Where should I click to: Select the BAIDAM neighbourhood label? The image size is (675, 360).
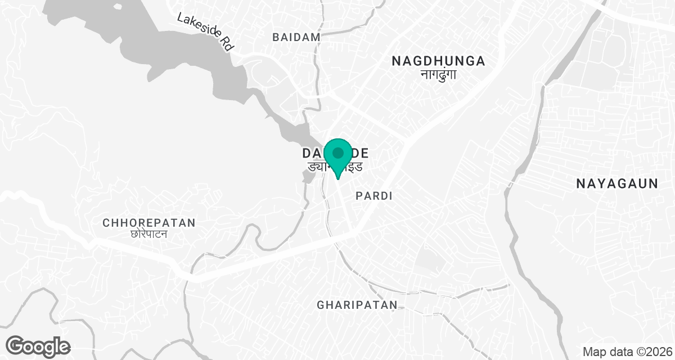click(x=296, y=37)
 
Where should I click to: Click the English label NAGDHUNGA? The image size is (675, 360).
click(x=438, y=61)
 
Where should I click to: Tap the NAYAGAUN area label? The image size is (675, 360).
click(x=617, y=183)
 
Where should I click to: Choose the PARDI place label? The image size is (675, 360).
click(x=374, y=196)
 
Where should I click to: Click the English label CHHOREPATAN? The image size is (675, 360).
click(x=149, y=223)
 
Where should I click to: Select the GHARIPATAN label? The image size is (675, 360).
click(x=357, y=305)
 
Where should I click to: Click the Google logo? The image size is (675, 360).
click(x=38, y=346)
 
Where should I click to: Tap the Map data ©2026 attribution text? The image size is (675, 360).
click(x=627, y=352)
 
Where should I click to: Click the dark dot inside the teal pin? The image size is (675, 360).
click(x=338, y=153)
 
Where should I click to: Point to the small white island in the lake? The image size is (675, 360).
click(x=117, y=7)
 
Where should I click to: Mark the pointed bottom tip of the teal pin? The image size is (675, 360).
click(x=337, y=179)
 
